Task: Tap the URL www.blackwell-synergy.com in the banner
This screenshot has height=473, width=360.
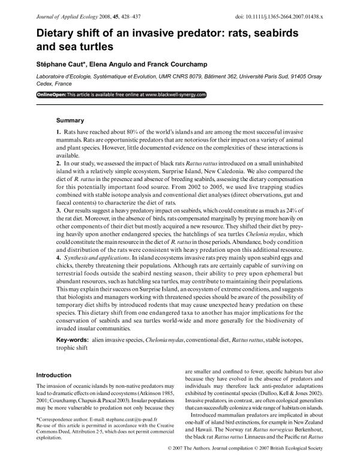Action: [175, 95]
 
